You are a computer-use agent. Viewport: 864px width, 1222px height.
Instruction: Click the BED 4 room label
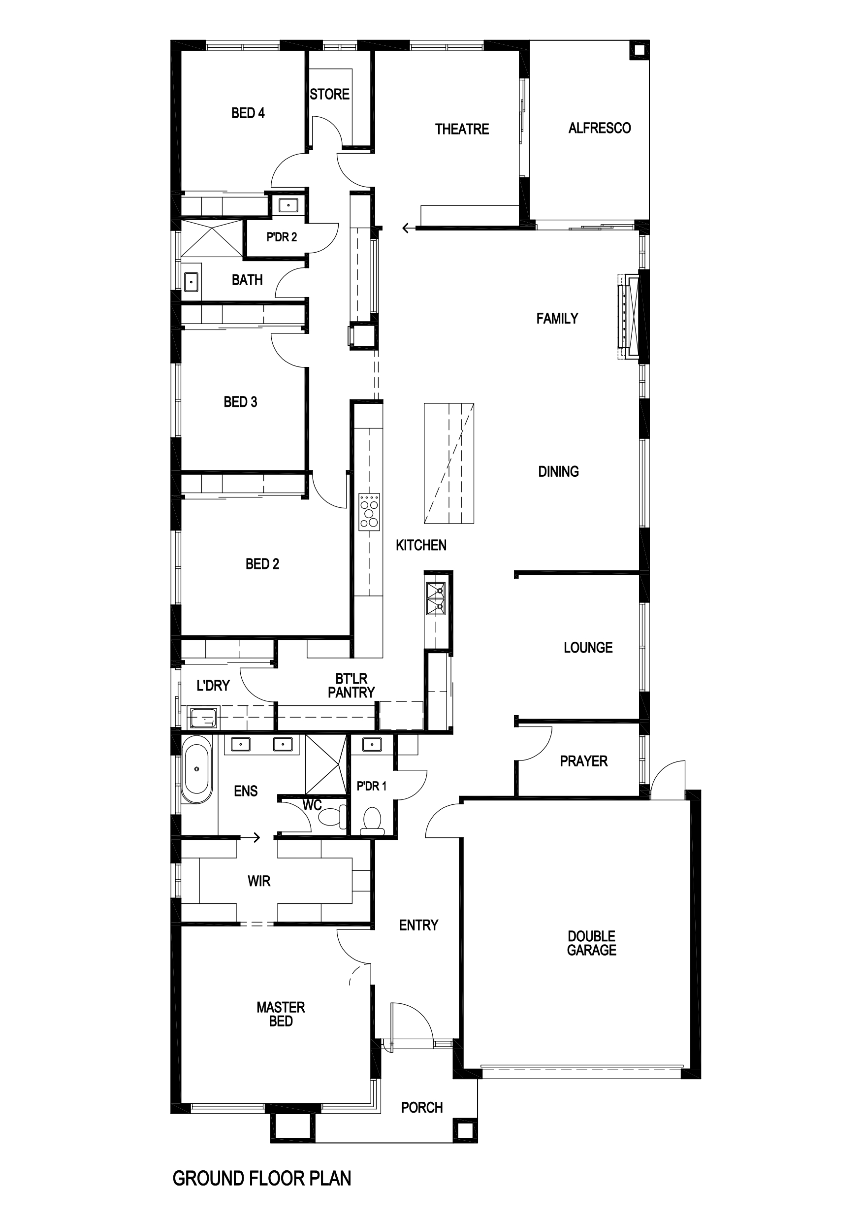[248, 113]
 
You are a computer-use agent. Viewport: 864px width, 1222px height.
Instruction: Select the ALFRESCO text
[600, 128]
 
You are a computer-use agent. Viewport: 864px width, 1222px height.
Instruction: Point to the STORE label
[330, 94]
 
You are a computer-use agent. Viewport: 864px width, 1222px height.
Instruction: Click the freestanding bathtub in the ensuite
[196, 769]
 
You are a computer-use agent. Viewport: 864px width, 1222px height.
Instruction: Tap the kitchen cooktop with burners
[370, 512]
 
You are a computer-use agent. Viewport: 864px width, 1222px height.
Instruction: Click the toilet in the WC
[334, 817]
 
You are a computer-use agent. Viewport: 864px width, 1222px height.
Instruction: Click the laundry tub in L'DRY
[203, 718]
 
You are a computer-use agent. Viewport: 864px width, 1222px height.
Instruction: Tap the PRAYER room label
[583, 761]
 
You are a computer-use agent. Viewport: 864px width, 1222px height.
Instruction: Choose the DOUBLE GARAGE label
[592, 943]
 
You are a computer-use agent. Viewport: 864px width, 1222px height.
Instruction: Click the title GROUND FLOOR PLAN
[262, 1178]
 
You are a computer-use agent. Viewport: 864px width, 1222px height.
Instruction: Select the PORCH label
[422, 1108]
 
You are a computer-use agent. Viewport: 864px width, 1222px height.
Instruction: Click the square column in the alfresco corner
[639, 51]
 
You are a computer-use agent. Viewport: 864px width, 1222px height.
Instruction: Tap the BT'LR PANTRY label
[351, 686]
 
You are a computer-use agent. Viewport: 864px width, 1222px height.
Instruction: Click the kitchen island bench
[449, 463]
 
